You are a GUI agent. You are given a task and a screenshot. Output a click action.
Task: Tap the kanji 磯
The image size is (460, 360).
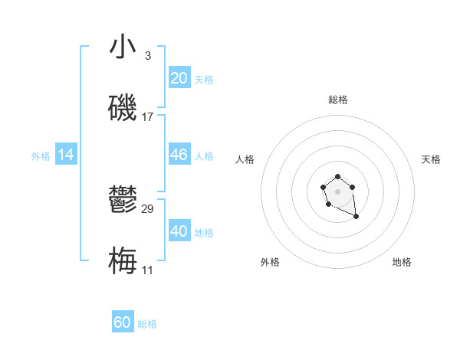pyautogui.click(x=123, y=109)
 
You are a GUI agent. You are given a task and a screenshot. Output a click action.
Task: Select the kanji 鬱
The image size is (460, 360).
pyautogui.click(x=123, y=201)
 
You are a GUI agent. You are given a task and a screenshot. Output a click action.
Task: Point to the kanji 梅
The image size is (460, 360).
pyautogui.click(x=123, y=261)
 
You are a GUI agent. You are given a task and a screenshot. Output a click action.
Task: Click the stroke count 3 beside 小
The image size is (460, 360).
pyautogui.click(x=147, y=56)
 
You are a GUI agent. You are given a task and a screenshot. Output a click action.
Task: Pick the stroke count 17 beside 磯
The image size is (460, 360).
pyautogui.click(x=147, y=117)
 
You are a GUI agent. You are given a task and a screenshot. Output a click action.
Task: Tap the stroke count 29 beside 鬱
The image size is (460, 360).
pyautogui.click(x=147, y=209)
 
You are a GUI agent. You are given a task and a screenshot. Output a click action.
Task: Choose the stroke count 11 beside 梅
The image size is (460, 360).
pyautogui.click(x=147, y=270)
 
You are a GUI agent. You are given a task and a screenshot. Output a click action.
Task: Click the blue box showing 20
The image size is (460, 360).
pyautogui.click(x=179, y=78)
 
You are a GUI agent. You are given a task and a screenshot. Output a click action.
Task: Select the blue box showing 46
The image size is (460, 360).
pyautogui.click(x=179, y=155)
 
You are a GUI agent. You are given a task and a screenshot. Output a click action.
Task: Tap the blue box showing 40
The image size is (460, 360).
pyautogui.click(x=179, y=231)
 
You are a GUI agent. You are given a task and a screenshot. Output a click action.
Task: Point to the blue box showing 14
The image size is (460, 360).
pyautogui.click(x=66, y=155)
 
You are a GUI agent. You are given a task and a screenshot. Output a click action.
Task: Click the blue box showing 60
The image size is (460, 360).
pyautogui.click(x=123, y=322)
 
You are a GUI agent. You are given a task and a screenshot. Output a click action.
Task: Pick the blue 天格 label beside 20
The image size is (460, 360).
pyautogui.click(x=204, y=80)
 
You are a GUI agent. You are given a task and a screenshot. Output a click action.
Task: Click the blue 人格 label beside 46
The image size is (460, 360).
pyautogui.click(x=204, y=156)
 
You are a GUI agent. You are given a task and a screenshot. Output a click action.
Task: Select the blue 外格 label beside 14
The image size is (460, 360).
pyautogui.click(x=41, y=156)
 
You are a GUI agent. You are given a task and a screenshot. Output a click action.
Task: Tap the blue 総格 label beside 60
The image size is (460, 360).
pyautogui.click(x=147, y=324)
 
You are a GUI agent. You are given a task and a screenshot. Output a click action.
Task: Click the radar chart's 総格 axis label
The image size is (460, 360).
pyautogui.click(x=338, y=100)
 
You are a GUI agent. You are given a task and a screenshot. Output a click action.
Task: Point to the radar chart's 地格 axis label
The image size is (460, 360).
pyautogui.click(x=402, y=262)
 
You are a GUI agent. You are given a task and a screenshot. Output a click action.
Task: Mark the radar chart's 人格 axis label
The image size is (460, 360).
pyautogui.click(x=245, y=159)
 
